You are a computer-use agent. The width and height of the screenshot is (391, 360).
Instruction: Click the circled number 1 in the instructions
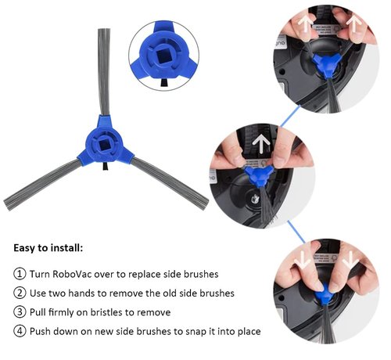[x=20, y=274]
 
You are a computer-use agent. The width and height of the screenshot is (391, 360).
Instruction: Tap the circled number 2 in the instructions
[x=20, y=293]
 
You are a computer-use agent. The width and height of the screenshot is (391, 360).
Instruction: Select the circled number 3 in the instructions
[x=20, y=312]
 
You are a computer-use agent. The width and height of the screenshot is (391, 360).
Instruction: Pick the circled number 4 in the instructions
[x=20, y=331]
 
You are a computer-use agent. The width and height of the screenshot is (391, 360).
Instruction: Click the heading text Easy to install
[x=48, y=247]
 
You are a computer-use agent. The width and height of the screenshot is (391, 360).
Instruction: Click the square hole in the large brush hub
[x=105, y=145]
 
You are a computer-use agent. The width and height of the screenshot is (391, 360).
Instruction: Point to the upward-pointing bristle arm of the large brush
[x=104, y=72]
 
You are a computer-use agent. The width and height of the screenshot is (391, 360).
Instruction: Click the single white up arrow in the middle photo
[x=261, y=145]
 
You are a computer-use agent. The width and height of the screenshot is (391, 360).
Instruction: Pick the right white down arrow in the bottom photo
[x=350, y=261]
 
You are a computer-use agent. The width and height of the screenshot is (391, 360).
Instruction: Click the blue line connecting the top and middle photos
[x=290, y=116]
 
